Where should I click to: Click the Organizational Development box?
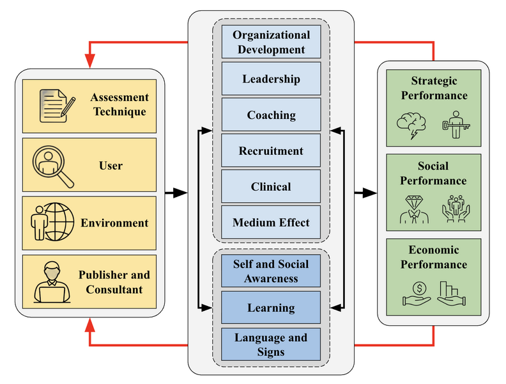point(271,42)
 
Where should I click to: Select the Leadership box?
point(271,79)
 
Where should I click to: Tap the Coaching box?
point(271,115)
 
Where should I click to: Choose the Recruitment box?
point(271,151)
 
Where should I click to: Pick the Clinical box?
point(271,187)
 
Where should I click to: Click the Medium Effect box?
point(271,223)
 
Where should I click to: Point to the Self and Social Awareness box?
point(271,271)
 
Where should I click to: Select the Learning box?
point(271,308)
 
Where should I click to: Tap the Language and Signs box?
point(271,344)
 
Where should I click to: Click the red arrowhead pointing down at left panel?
point(89,61)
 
